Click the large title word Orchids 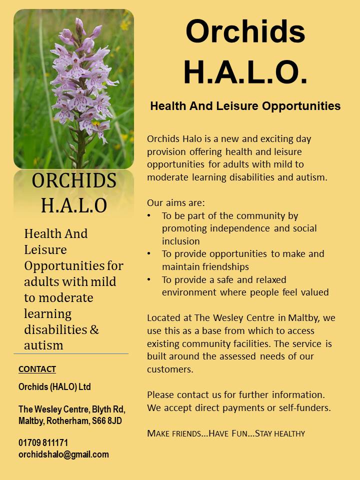(x=245, y=31)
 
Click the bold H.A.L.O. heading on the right (x=245, y=72)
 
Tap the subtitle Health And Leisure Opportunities (x=245, y=106)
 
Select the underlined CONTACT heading (x=37, y=369)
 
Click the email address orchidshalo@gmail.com (x=63, y=454)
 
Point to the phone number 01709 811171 (x=43, y=442)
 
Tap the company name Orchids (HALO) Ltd (x=54, y=386)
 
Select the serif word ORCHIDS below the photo (x=74, y=180)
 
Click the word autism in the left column (x=43, y=345)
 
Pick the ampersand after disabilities (x=94, y=329)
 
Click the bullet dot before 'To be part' (x=149, y=215)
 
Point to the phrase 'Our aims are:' (x=175, y=202)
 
